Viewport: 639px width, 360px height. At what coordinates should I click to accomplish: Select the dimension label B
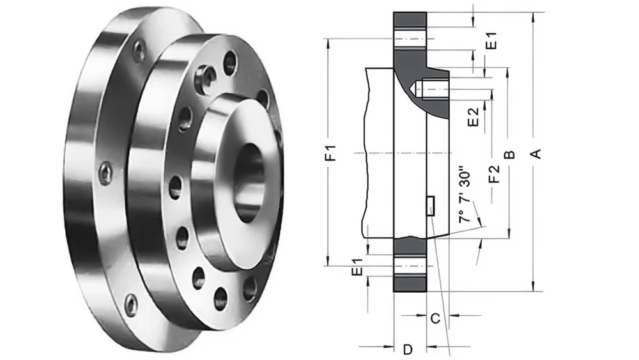coord(509,155)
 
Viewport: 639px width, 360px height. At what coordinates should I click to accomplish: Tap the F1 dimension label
coord(330,153)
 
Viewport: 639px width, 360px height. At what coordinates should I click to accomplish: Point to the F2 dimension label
coord(493,175)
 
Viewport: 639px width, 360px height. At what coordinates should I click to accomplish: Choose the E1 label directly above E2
coord(491,42)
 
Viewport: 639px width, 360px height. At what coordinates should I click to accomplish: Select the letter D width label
coord(408,349)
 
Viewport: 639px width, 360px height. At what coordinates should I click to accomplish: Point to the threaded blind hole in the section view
coord(431,90)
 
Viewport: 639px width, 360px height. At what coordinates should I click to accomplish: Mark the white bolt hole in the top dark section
coord(410,38)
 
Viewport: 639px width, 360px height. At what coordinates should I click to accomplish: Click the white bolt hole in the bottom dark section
coord(410,266)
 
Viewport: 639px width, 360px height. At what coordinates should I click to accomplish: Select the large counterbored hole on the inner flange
coord(206,77)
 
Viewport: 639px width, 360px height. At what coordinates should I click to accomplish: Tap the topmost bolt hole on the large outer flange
coord(139,50)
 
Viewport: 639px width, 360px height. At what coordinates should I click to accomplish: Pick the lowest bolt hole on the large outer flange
coord(130,305)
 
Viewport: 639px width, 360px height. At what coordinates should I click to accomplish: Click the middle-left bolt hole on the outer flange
coord(105,173)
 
